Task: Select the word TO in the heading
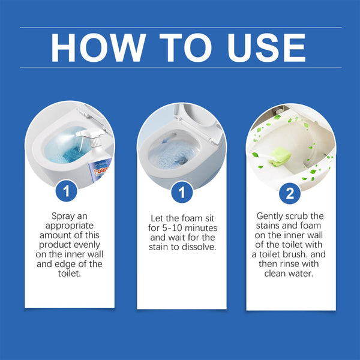[179, 47]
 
